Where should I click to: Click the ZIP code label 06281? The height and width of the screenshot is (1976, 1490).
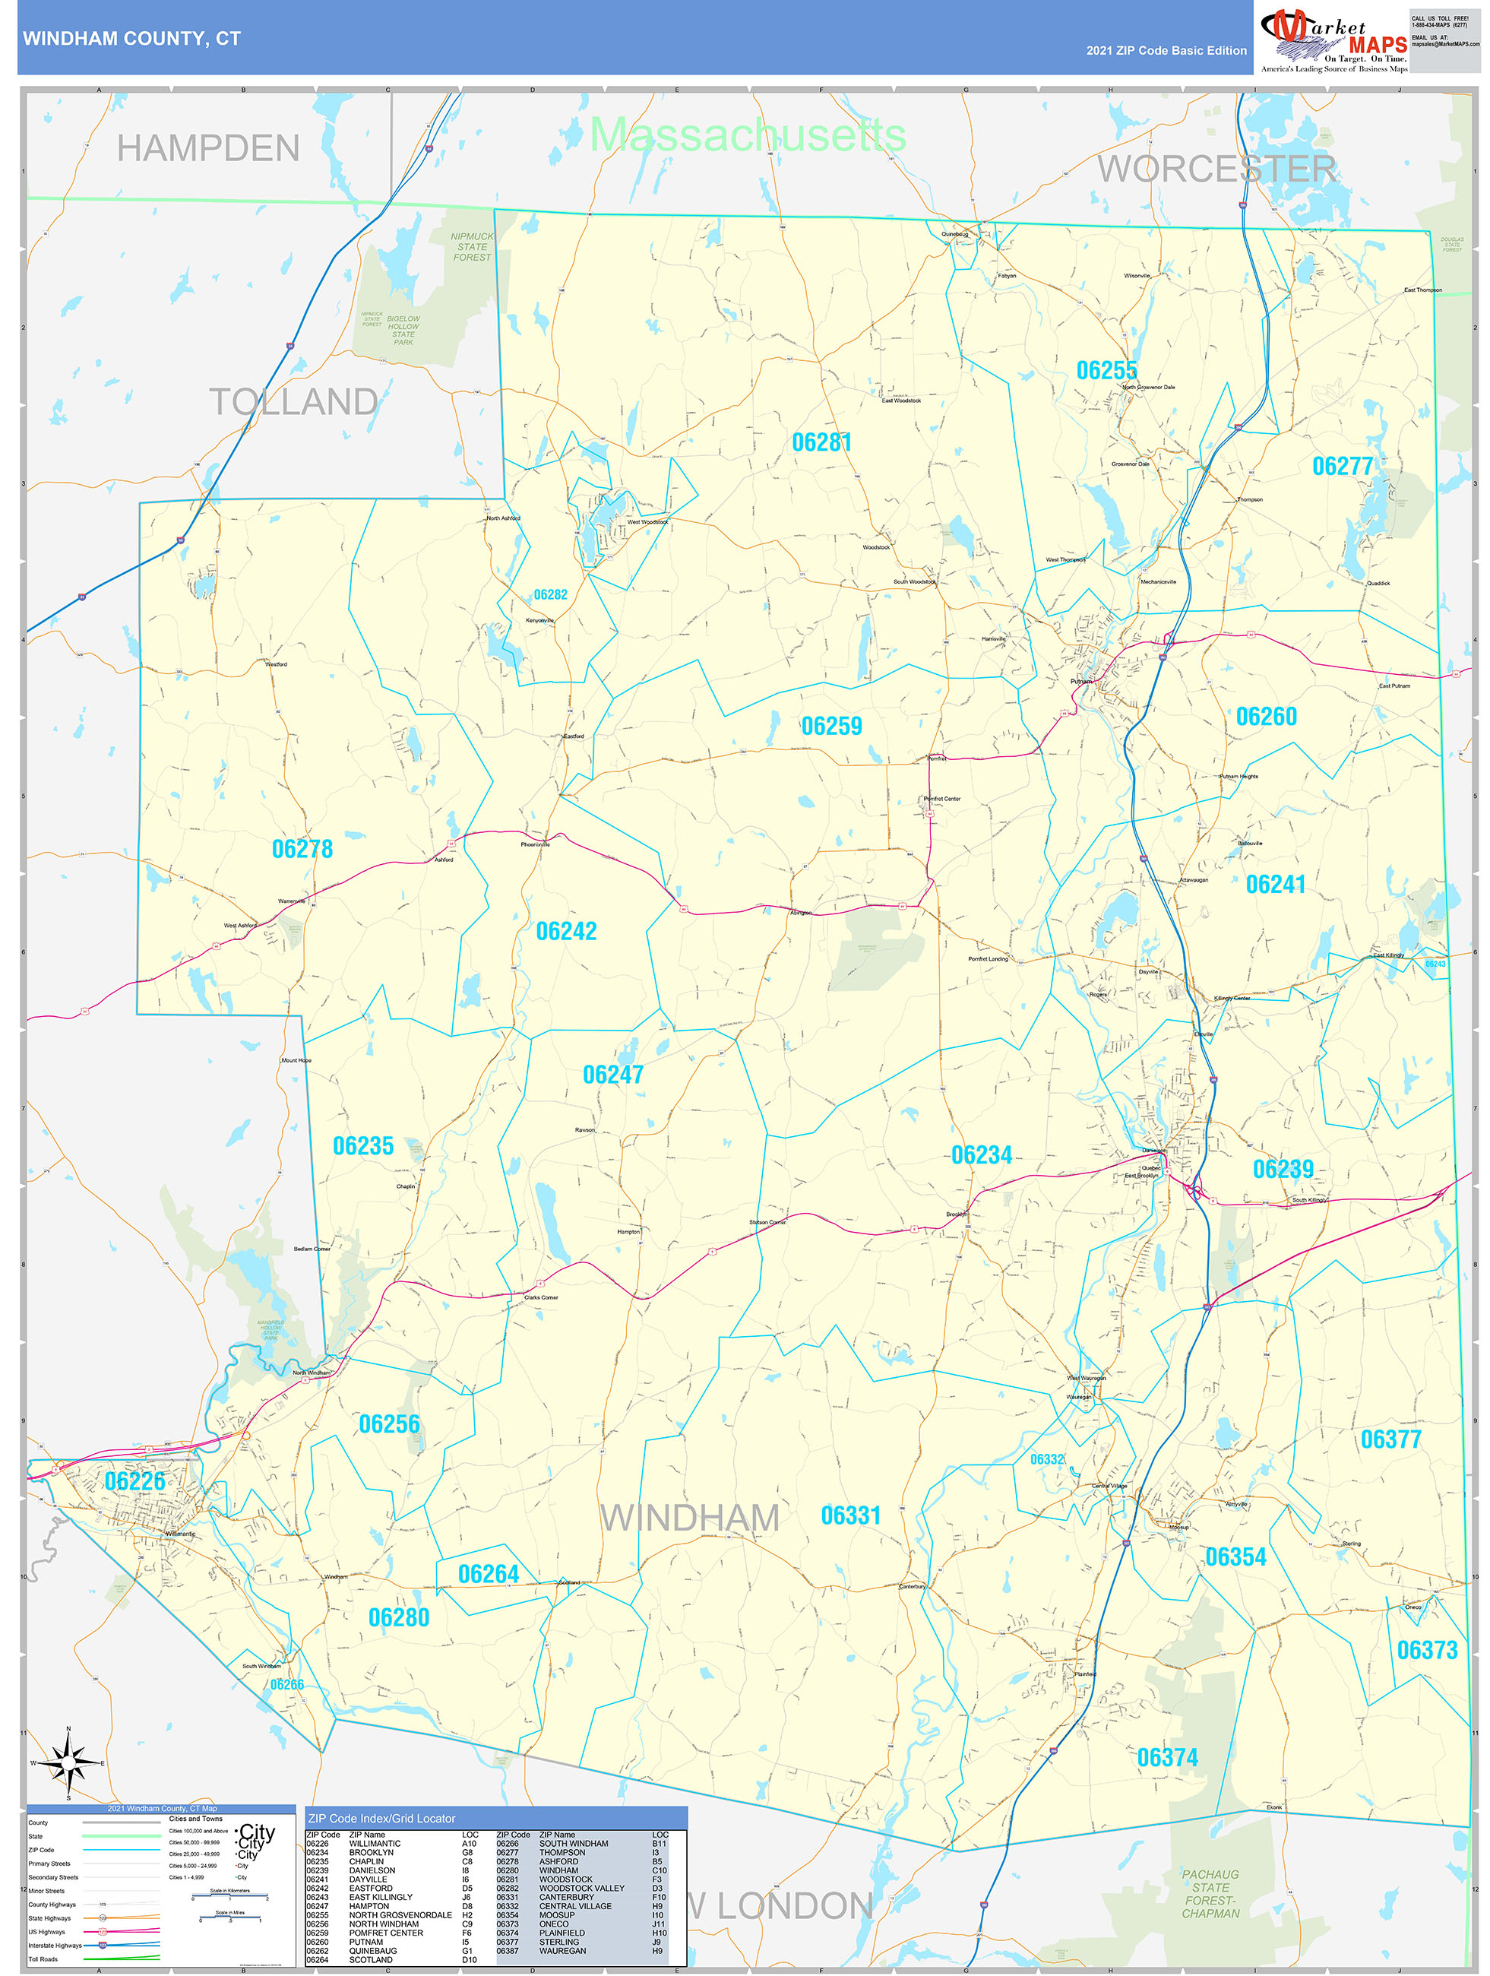point(821,442)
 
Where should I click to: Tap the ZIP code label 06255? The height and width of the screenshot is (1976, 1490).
point(1106,370)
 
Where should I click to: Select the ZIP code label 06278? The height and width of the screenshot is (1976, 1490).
point(302,849)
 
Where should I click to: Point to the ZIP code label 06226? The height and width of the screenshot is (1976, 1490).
point(135,1481)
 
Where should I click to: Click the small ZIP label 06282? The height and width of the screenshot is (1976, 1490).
point(550,594)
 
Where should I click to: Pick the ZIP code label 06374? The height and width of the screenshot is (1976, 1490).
point(1166,1757)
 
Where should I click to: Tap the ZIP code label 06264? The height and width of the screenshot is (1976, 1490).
point(488,1573)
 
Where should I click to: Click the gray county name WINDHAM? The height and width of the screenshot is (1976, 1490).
point(690,1518)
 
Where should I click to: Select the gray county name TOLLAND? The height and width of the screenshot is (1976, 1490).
point(293,401)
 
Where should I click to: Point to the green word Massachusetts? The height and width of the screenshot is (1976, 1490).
point(748,135)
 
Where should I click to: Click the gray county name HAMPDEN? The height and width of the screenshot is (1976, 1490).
point(208,148)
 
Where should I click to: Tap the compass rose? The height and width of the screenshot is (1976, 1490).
point(69,1762)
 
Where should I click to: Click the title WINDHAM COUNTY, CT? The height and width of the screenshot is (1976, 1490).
point(131,39)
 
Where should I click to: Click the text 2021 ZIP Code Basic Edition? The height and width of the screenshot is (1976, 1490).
point(1166,51)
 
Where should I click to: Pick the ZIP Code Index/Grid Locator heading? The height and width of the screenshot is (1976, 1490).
point(381,1818)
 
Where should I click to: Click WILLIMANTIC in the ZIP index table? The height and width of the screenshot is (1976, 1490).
point(375,1843)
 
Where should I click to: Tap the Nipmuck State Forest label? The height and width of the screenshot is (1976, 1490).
point(472,246)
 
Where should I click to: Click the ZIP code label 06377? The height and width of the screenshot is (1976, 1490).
point(1390,1439)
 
